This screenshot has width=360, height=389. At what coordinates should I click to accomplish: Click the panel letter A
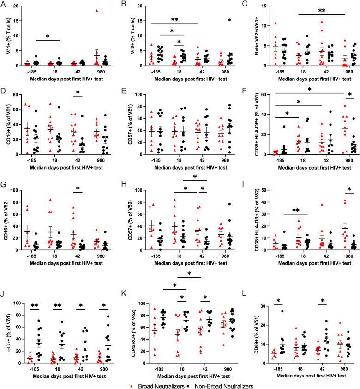coord(4,5)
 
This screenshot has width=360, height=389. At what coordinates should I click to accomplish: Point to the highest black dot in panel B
coord(216,20)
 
